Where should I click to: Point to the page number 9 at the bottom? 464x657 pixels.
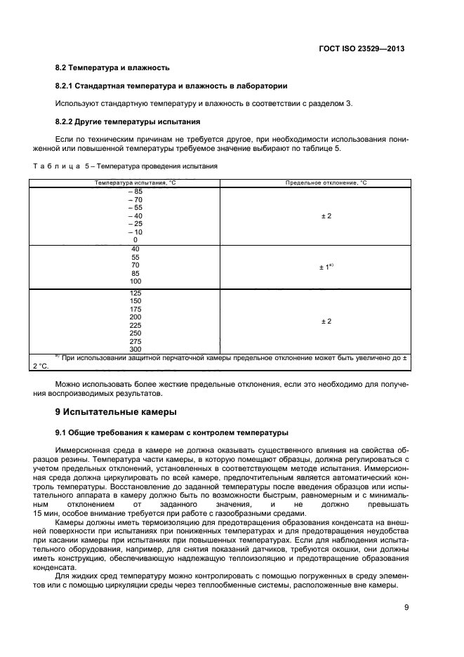coord(406,608)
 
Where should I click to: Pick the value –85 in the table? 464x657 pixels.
coord(135,191)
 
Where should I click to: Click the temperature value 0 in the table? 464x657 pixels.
coord(135,239)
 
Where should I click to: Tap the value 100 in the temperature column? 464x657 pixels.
coord(135,281)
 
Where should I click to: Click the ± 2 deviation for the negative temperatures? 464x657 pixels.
coord(326,215)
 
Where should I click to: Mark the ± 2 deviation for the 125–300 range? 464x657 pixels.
coord(326,321)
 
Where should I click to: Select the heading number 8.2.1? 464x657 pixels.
coord(65,86)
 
